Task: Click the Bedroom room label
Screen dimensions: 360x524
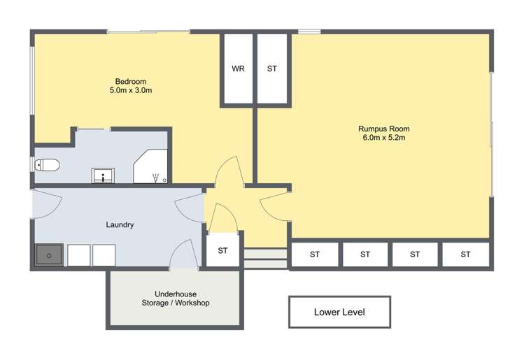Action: [x=131, y=82]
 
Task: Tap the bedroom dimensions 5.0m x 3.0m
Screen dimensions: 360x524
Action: [x=131, y=91]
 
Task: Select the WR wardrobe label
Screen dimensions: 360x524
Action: [x=238, y=69]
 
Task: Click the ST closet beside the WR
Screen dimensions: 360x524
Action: [x=272, y=69]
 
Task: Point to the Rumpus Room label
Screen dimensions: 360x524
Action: [x=383, y=129]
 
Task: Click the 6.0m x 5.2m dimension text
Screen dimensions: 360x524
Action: [x=383, y=138]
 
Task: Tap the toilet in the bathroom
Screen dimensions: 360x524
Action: [x=48, y=165]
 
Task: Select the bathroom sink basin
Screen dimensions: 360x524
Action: [x=104, y=175]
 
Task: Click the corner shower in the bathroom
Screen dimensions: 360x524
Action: [x=153, y=168]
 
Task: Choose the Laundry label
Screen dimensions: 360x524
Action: [x=120, y=225]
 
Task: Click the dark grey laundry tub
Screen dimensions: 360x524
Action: [x=49, y=255]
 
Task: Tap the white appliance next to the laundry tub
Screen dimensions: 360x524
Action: [x=78, y=255]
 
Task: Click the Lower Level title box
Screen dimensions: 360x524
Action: [x=339, y=312]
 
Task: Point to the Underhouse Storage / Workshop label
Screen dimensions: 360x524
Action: [x=174, y=298]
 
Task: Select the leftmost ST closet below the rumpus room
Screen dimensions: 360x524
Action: [x=315, y=254]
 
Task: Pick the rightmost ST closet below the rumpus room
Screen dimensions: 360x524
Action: [x=465, y=254]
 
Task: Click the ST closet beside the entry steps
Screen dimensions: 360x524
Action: [x=223, y=250]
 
